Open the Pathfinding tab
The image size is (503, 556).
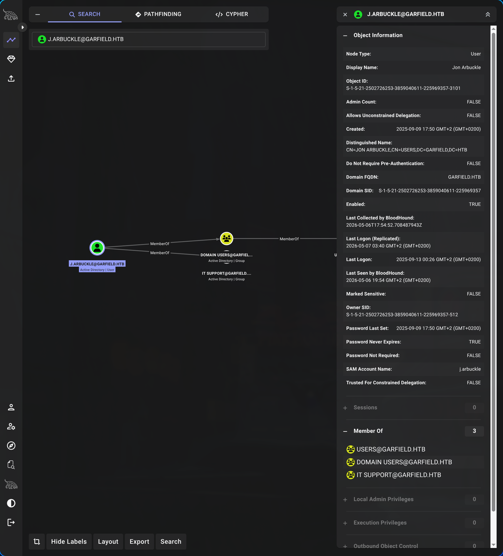[158, 14]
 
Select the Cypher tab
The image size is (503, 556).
[232, 14]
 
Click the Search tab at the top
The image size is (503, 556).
[84, 14]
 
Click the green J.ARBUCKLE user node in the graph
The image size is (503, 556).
[97, 247]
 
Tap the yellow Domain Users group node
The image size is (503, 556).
[226, 238]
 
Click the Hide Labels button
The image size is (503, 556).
[69, 541]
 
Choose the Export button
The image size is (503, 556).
[139, 541]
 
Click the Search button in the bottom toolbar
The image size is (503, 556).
[171, 541]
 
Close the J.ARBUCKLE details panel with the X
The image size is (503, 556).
[345, 14]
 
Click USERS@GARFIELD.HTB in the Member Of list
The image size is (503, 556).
[391, 449]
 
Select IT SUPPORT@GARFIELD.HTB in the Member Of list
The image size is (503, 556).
[399, 475]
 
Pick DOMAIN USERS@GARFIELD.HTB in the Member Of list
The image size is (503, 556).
[404, 462]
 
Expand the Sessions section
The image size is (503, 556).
[365, 407]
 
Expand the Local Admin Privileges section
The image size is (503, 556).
[383, 499]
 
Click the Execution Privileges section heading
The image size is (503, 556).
[380, 522]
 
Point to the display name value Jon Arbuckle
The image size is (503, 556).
[466, 67]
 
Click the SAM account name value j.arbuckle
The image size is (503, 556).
[470, 369]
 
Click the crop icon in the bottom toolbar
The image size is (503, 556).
[37, 541]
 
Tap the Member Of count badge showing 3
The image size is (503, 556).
[474, 431]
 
